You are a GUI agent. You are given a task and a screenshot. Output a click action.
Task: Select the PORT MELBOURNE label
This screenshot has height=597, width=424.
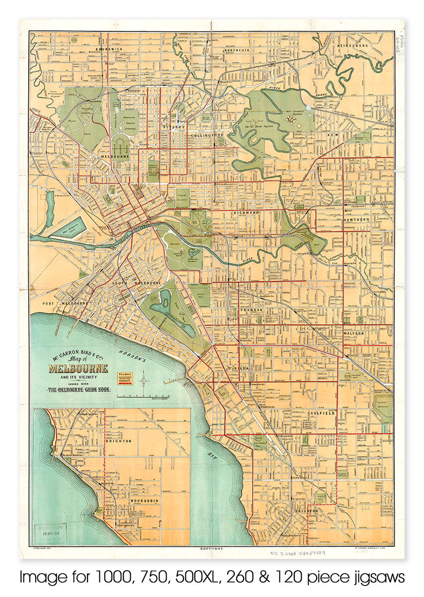click(x=62, y=303)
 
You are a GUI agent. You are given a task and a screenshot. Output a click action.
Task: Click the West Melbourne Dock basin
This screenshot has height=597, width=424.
click(x=68, y=228)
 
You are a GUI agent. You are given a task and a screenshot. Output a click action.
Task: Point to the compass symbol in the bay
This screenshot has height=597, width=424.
click(x=144, y=381)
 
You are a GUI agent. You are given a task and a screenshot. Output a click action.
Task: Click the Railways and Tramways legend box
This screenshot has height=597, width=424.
click(x=125, y=378)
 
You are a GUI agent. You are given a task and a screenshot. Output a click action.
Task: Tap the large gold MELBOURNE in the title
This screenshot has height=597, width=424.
click(x=78, y=369)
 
